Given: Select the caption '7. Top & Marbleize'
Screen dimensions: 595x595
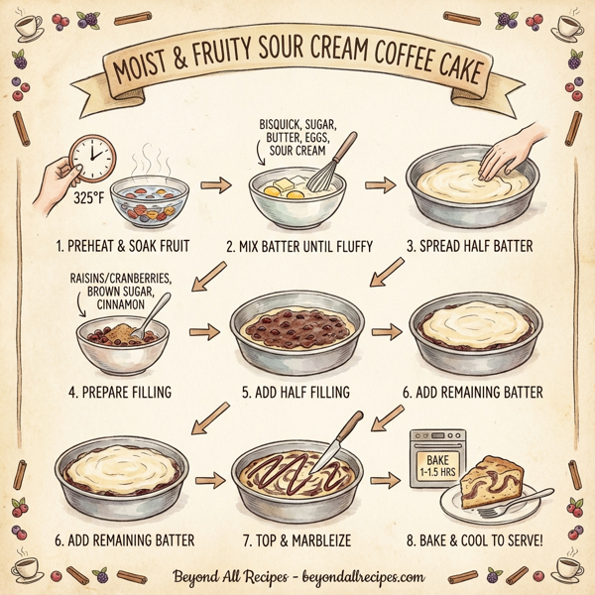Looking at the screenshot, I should point(297,540).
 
